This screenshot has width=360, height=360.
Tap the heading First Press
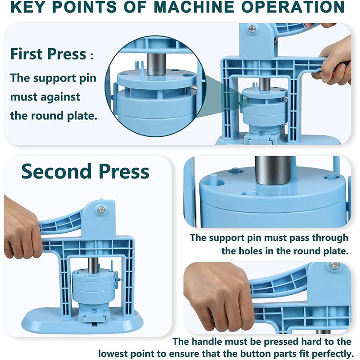click(48, 54)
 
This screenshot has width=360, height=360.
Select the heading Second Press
click(85, 171)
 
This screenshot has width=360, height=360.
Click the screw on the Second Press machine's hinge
click(101, 209)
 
